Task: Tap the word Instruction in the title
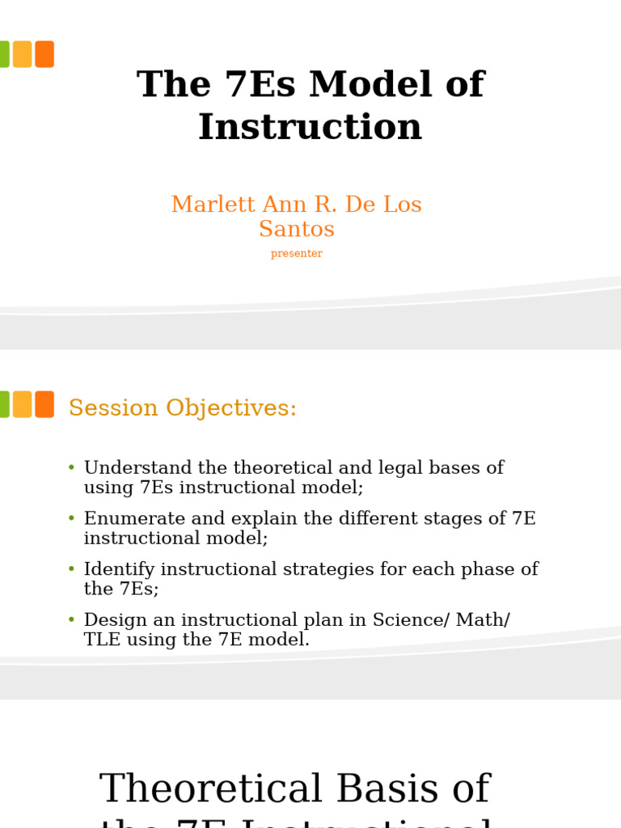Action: coord(310,128)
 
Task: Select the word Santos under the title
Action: coord(296,230)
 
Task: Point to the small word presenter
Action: coord(296,254)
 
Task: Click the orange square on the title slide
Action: coord(44,54)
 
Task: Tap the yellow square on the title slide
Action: coord(22,54)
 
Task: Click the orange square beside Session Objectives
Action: coord(44,404)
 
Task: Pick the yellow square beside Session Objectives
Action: coord(22,404)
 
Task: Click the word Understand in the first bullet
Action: coord(137,469)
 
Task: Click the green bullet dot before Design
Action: coord(71,620)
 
